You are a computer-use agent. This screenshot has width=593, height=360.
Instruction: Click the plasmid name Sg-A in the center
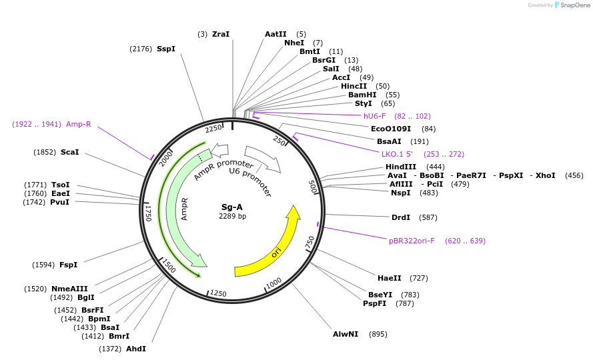pyautogui.click(x=232, y=207)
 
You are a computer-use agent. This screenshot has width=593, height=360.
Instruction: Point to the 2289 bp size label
pyautogui.click(x=232, y=216)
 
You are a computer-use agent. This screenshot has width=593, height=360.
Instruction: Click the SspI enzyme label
pyautogui.click(x=166, y=49)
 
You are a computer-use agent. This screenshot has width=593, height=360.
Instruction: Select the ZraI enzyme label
pyautogui.click(x=221, y=34)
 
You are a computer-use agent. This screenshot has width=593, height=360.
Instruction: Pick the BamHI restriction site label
pyautogui.click(x=362, y=95)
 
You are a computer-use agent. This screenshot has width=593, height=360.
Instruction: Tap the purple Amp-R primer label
pyautogui.click(x=79, y=124)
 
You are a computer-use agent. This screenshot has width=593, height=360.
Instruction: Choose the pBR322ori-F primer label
pyautogui.click(x=412, y=241)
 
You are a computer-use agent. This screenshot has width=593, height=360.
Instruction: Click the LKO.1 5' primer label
pyautogui.click(x=398, y=154)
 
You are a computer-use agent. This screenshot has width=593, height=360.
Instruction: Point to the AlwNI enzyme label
pyautogui.click(x=346, y=334)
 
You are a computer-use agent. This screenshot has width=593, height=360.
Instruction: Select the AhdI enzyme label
pyautogui.click(x=136, y=349)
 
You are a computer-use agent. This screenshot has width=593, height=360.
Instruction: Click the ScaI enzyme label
pyautogui.click(x=70, y=152)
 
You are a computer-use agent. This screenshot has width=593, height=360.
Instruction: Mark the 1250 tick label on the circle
pyautogui.click(x=218, y=293)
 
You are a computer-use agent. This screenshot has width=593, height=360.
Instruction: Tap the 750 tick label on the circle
pyautogui.click(x=310, y=243)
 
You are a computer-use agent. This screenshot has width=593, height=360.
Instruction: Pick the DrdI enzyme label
pyautogui.click(x=401, y=217)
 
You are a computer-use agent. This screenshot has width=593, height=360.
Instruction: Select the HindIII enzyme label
pyautogui.click(x=401, y=167)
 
